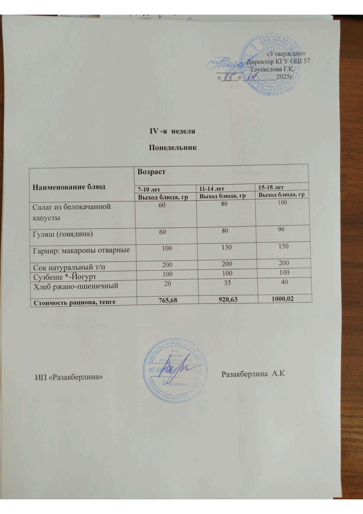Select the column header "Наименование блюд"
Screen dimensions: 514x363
point(69,186)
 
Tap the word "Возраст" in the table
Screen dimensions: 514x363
point(152,172)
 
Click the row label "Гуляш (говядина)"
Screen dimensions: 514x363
point(63,234)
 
